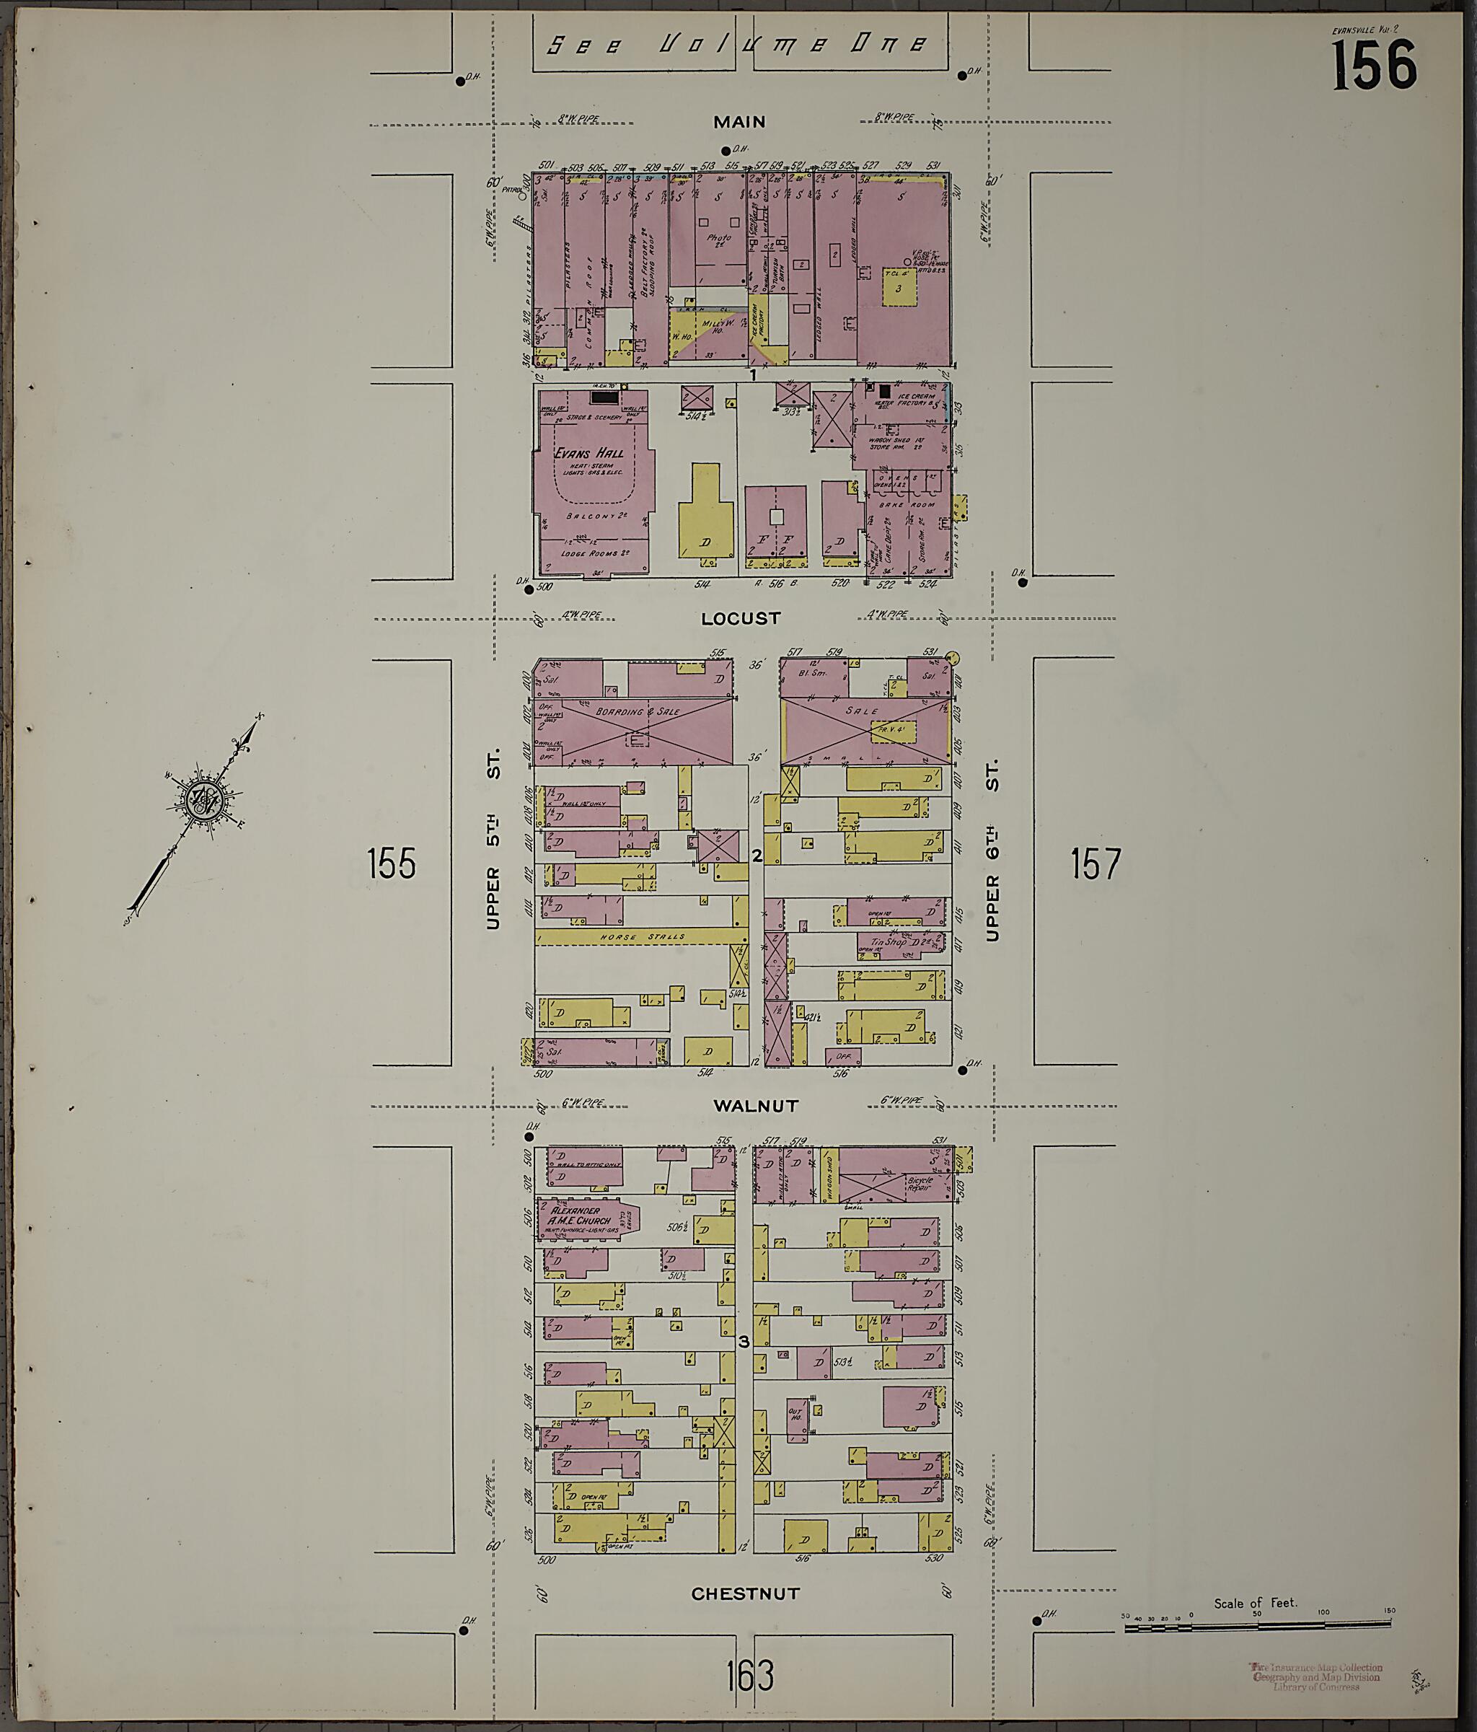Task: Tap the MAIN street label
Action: click(x=739, y=122)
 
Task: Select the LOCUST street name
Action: click(x=741, y=619)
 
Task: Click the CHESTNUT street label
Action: click(x=745, y=1593)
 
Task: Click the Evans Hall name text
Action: click(x=588, y=452)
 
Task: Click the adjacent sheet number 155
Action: click(x=391, y=863)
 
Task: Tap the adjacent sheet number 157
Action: click(x=1095, y=863)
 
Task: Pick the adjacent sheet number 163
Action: click(x=750, y=1675)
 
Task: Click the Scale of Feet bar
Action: click(x=1256, y=1625)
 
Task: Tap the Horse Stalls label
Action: click(x=642, y=937)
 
